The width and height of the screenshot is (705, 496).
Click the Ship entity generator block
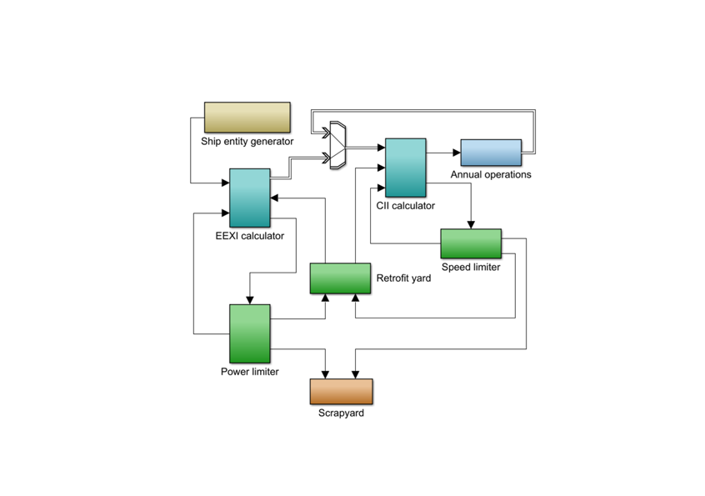(x=247, y=118)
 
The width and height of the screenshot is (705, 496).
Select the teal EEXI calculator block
(x=250, y=198)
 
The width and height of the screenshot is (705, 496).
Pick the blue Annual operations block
(x=491, y=153)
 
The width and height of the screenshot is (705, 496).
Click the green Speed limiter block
(x=471, y=243)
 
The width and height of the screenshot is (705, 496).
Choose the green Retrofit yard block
(x=340, y=278)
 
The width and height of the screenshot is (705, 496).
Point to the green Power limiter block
(x=250, y=333)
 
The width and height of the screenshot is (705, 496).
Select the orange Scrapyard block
(x=341, y=391)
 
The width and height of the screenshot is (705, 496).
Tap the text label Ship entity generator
(x=247, y=142)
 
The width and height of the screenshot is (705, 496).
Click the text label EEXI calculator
(x=250, y=236)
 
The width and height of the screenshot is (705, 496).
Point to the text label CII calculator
(x=406, y=205)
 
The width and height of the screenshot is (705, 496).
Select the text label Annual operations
(x=491, y=175)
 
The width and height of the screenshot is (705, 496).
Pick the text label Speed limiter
(x=471, y=268)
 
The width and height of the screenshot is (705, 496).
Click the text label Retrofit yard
(x=404, y=278)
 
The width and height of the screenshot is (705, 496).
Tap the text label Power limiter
(x=250, y=372)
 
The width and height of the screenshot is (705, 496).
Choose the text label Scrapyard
(x=341, y=413)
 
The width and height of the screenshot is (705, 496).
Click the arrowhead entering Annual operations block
(x=457, y=153)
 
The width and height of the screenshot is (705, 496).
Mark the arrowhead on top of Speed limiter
(x=471, y=224)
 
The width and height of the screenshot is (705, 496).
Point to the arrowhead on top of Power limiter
(x=249, y=300)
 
